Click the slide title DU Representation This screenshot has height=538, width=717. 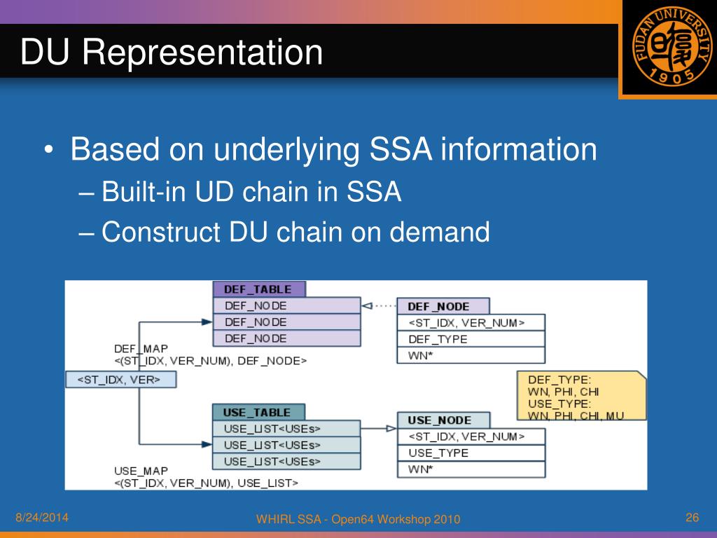[x=172, y=53]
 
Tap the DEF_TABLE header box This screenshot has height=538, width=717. [x=259, y=289]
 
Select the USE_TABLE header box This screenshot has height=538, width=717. [x=260, y=413]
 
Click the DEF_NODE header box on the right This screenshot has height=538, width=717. [x=443, y=306]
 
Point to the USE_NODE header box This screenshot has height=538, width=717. [x=443, y=420]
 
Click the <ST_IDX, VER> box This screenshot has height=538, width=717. [x=120, y=380]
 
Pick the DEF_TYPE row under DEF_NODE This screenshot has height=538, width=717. [x=471, y=339]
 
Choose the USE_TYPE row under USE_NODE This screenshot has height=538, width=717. [x=471, y=453]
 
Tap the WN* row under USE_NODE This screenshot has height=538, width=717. [x=471, y=469]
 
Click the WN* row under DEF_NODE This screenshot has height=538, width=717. [x=471, y=355]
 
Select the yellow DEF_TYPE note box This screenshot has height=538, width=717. [x=580, y=396]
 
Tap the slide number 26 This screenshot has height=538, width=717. [x=692, y=518]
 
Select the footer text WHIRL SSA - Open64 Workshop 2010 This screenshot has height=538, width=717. [x=358, y=519]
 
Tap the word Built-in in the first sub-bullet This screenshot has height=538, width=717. [x=135, y=192]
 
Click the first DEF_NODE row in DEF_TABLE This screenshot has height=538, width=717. [x=287, y=305]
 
